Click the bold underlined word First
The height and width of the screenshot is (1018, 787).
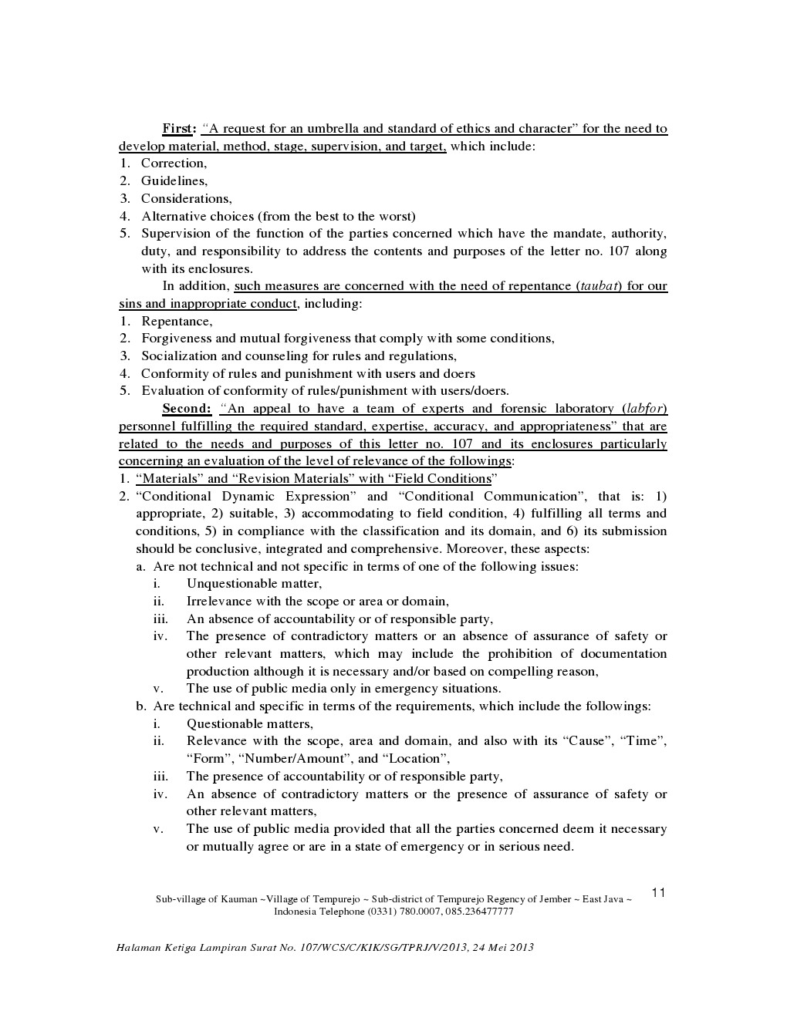coord(178,129)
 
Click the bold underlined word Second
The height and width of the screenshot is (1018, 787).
coord(186,409)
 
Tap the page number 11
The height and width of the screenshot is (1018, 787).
coord(658,893)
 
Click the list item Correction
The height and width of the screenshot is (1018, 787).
coord(174,163)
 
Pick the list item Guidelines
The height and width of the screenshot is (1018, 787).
coord(174,181)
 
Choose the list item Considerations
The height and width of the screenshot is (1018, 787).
coord(186,199)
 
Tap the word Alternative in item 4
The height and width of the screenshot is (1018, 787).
coord(174,217)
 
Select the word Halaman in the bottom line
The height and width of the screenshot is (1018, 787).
coord(133,947)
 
